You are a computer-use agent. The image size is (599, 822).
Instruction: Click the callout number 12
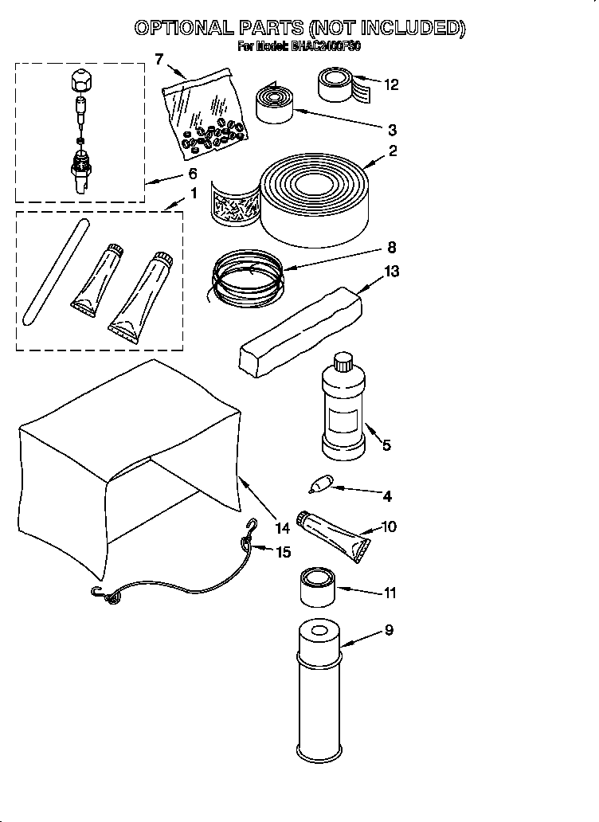coord(390,84)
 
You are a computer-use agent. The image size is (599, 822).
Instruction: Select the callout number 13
coord(391,271)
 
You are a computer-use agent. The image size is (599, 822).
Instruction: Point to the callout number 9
coord(388,630)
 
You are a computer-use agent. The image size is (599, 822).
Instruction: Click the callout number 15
coord(283,551)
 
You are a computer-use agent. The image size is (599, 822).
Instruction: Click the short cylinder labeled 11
coord(319,589)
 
